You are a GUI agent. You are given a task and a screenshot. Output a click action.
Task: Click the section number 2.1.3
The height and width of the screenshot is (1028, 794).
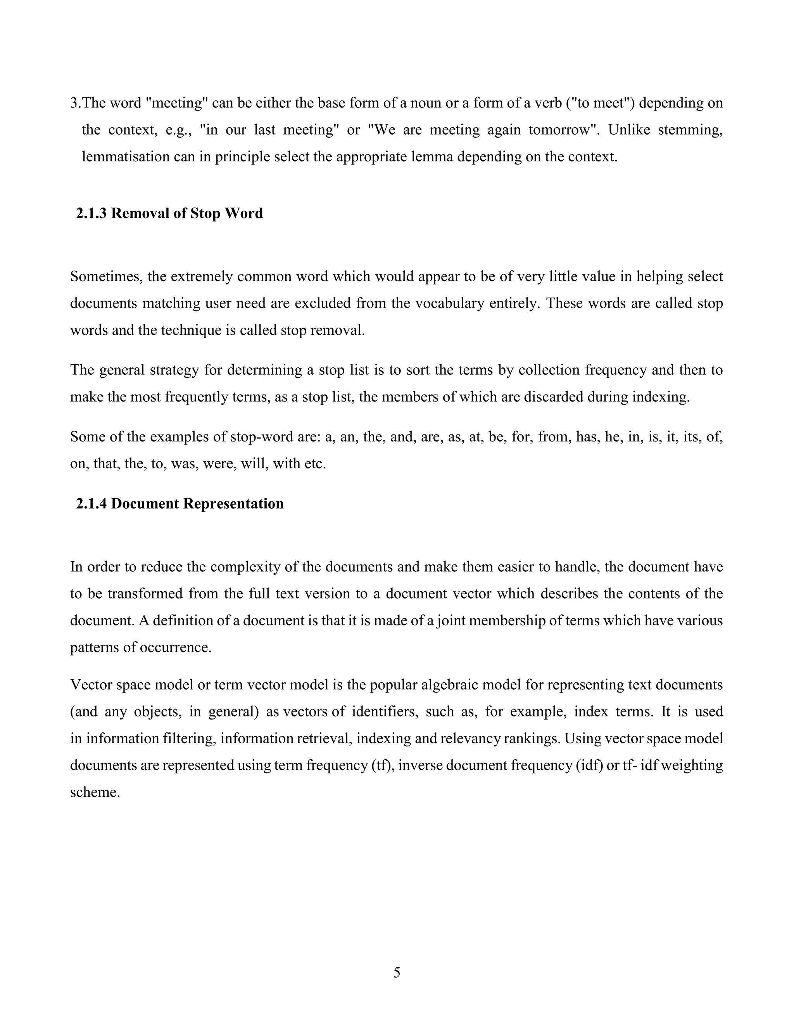[x=92, y=213]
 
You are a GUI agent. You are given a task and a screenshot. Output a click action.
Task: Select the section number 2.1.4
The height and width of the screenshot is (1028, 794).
[x=92, y=504]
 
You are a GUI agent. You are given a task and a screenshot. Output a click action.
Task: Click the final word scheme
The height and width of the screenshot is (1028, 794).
[x=95, y=792]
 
